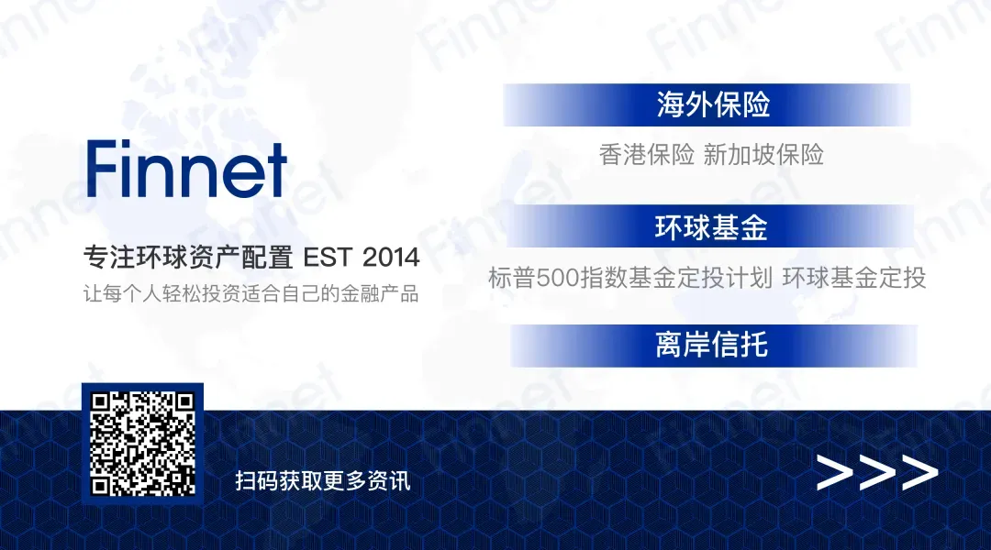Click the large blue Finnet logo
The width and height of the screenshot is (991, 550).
click(x=187, y=169)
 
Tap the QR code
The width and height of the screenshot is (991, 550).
click(x=142, y=444)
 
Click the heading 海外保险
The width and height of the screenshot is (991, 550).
click(x=713, y=104)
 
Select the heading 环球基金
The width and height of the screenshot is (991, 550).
click(x=711, y=227)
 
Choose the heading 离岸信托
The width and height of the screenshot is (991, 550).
click(x=712, y=345)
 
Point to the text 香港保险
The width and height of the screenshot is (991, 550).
click(x=647, y=155)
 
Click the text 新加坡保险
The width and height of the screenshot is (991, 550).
click(x=763, y=155)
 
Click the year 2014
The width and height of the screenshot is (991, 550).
click(x=391, y=258)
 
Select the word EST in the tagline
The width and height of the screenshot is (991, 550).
click(x=328, y=258)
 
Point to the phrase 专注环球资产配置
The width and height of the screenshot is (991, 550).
click(x=188, y=258)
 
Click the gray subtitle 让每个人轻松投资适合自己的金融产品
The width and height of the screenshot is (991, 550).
click(x=251, y=293)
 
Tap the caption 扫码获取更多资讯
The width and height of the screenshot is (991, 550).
click(x=323, y=481)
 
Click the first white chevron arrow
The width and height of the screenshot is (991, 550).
click(x=834, y=472)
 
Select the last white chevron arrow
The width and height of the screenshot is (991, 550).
click(x=919, y=472)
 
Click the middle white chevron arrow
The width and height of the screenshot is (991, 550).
click(x=877, y=472)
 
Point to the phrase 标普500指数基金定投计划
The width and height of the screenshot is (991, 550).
click(x=630, y=278)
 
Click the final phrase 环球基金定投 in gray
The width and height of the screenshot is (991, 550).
click(x=854, y=278)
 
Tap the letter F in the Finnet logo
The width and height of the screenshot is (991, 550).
click(x=101, y=169)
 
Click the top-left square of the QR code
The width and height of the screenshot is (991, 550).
click(x=101, y=402)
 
